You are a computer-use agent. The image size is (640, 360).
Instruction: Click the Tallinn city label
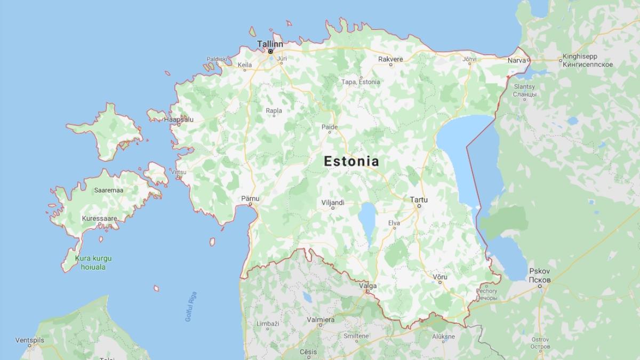click(269, 43)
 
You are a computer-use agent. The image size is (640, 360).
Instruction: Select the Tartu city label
click(419, 199)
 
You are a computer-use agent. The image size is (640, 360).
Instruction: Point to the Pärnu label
click(250, 198)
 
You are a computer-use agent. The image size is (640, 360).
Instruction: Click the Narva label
click(516, 60)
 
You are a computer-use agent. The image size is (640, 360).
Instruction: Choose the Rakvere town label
click(390, 59)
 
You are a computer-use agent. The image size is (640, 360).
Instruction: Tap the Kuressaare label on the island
click(99, 219)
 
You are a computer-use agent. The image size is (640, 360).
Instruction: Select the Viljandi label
click(333, 203)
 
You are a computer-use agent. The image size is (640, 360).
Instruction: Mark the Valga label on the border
click(368, 286)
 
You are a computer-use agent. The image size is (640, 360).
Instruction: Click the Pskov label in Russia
click(540, 271)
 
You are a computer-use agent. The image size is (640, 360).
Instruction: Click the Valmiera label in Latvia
click(321, 319)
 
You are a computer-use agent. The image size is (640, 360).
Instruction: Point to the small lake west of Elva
click(367, 215)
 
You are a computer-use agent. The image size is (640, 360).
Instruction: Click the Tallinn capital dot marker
click(270, 52)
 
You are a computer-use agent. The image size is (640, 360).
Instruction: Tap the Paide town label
click(329, 127)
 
